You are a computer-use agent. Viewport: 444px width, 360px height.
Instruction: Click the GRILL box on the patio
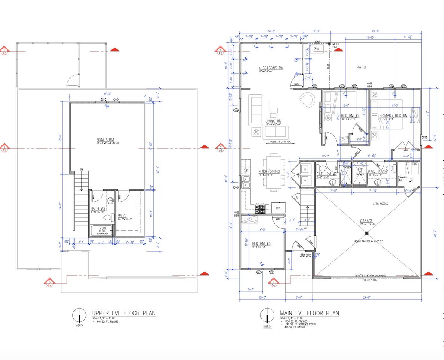(317, 49)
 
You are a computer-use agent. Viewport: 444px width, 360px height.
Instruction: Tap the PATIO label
(361, 67)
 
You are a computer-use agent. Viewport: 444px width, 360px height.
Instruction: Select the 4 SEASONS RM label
(271, 68)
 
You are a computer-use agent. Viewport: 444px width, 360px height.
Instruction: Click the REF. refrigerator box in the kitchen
(278, 208)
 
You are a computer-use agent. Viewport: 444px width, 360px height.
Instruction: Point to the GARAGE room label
(366, 221)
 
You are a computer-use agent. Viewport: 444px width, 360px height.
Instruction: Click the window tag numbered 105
(236, 110)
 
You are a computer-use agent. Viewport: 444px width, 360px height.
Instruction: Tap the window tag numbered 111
(425, 138)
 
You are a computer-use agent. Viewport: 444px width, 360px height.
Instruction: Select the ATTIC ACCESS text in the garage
(380, 204)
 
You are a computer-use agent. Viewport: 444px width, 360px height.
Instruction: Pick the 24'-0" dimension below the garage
(367, 297)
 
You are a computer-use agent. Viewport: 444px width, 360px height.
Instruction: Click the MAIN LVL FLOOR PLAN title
(309, 313)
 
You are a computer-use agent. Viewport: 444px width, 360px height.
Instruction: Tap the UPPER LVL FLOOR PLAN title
(124, 313)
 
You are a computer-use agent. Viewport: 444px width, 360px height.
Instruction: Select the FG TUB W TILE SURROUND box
(103, 231)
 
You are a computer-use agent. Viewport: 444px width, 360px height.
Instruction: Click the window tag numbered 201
(103, 99)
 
